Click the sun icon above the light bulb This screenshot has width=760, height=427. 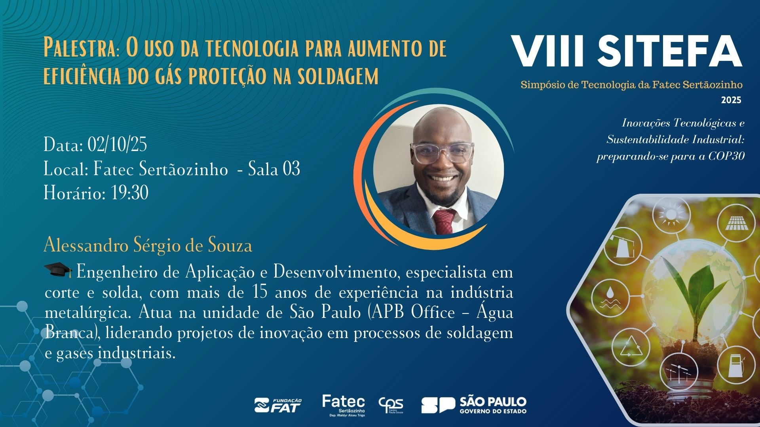tap(671, 215)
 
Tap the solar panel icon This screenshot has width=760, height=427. tap(736, 224)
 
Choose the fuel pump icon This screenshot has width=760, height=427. tap(737, 365)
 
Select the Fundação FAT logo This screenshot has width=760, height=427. tap(278, 406)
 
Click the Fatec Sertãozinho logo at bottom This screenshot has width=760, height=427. tap(344, 406)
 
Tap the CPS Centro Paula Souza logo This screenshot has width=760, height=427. tap(391, 406)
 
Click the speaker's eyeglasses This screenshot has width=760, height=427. tap(442, 152)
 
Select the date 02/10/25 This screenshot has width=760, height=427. tap(117, 144)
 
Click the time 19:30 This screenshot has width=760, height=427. tap(130, 193)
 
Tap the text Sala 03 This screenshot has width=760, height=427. tap(274, 169)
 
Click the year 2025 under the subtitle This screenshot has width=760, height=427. tap(731, 100)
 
